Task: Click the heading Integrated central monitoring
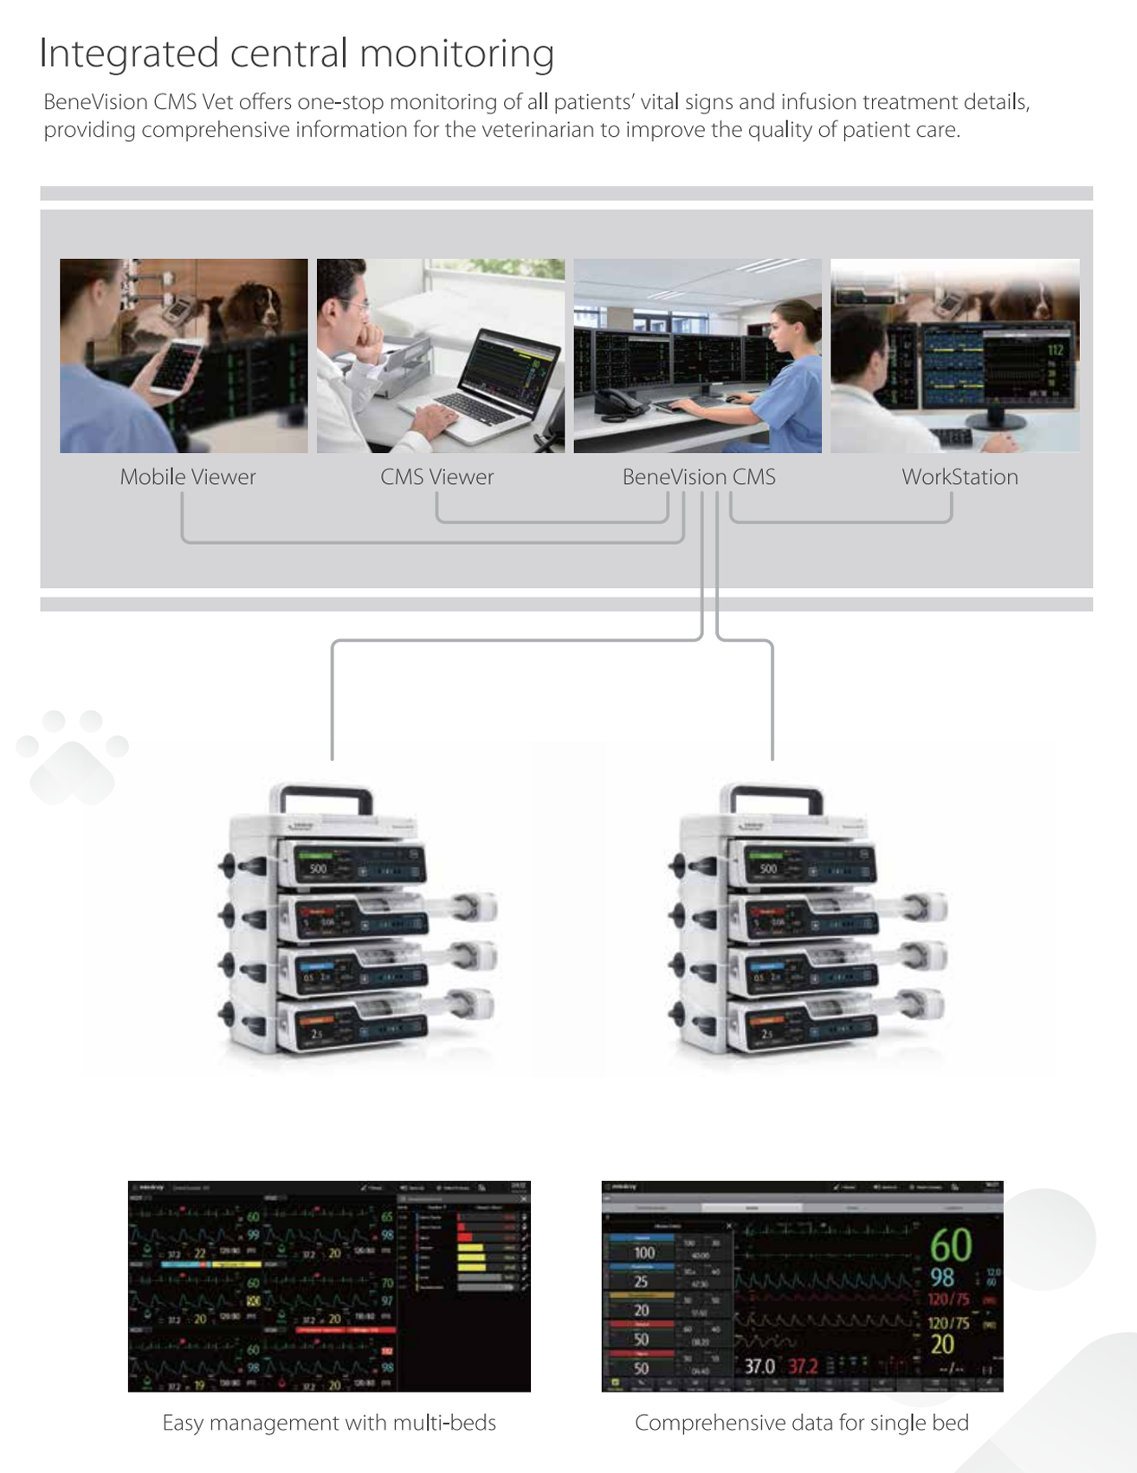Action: click(296, 54)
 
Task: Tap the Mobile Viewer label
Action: click(188, 477)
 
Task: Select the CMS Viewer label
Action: click(436, 477)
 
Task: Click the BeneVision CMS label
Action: click(699, 477)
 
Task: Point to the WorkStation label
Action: click(959, 477)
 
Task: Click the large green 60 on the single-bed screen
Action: click(950, 1246)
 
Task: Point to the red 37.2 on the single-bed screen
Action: click(803, 1366)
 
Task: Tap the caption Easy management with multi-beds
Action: click(329, 1423)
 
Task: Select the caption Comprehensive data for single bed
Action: click(802, 1423)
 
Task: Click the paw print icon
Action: click(73, 756)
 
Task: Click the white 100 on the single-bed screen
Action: click(644, 1253)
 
